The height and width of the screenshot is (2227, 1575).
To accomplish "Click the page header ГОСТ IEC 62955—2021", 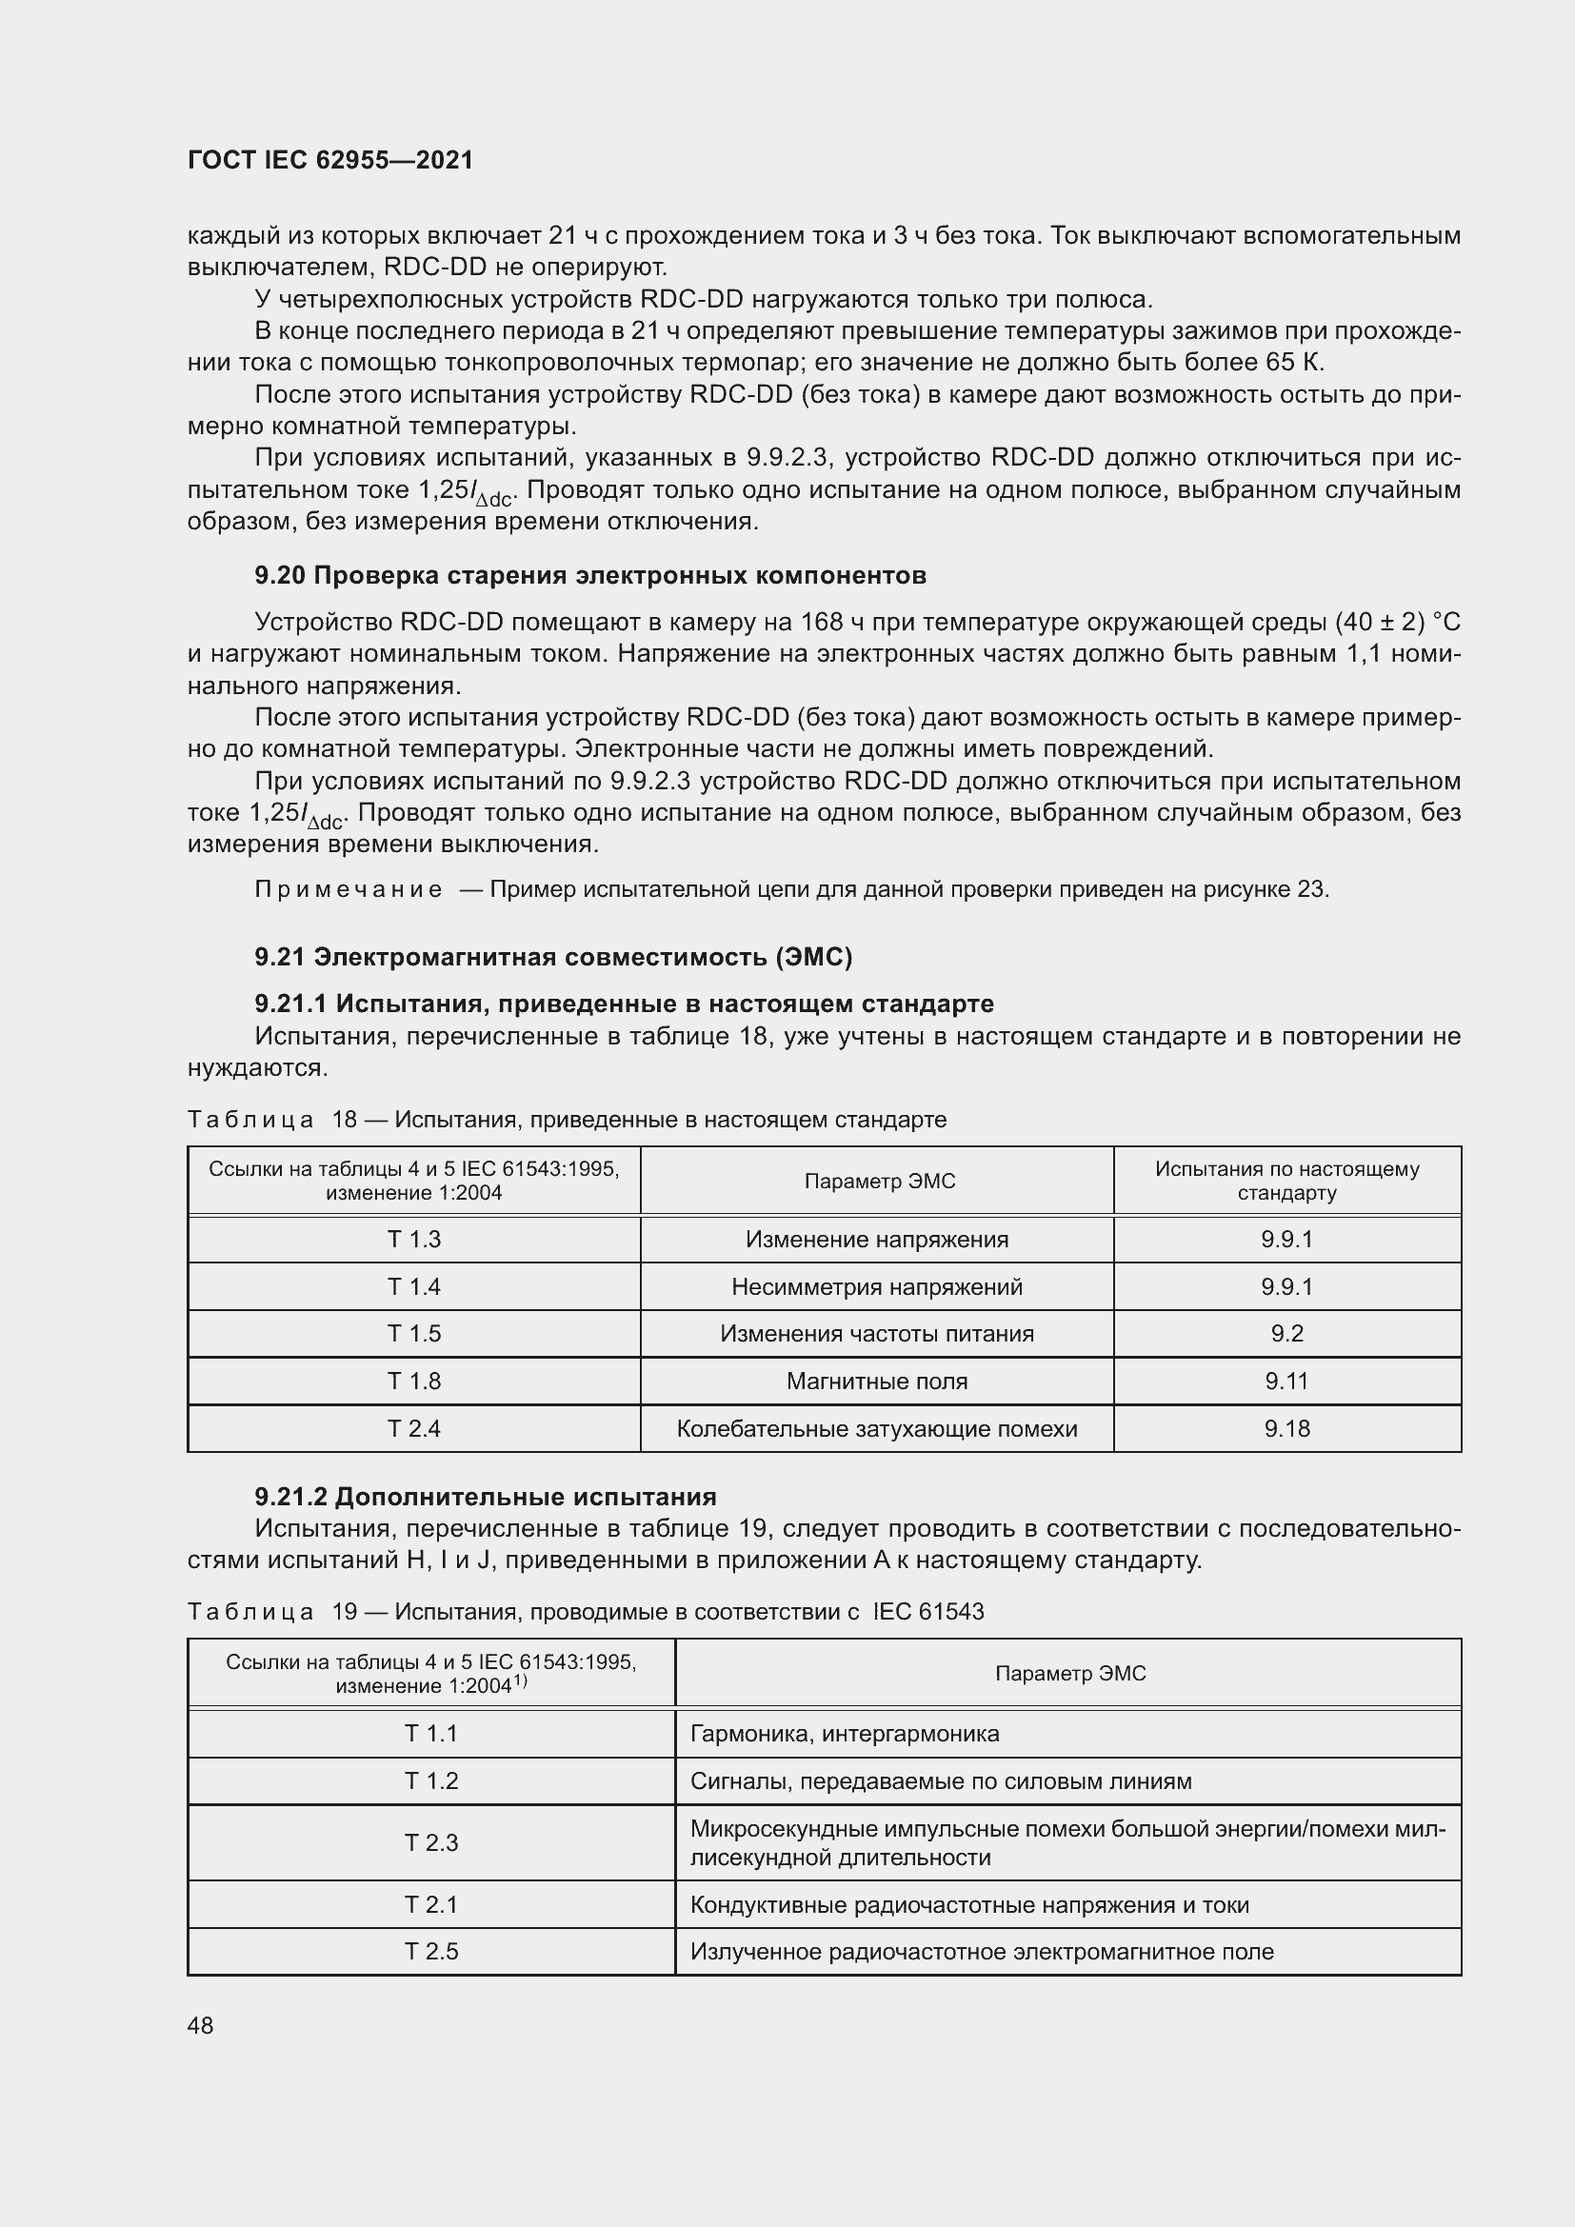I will click(x=329, y=160).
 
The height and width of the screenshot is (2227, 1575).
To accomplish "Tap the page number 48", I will click(x=200, y=2025).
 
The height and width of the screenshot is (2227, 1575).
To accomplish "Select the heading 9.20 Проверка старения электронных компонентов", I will click(x=589, y=575).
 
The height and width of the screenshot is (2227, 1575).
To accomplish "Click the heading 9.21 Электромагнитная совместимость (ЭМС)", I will click(x=553, y=957).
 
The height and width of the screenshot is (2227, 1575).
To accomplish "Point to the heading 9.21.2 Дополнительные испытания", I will click(x=485, y=1497).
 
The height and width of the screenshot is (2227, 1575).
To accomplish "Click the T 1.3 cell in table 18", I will click(x=414, y=1240).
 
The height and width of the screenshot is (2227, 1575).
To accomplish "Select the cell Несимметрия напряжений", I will click(x=877, y=1287).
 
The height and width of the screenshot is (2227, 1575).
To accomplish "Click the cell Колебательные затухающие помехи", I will click(x=877, y=1429).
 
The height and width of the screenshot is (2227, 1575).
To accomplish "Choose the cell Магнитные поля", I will click(x=877, y=1382).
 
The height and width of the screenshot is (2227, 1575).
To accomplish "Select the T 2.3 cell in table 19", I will click(x=430, y=1843).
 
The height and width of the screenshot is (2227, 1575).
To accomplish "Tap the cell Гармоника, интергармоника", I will click(x=844, y=1733).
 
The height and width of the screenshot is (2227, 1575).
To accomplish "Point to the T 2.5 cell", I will click(x=430, y=1952).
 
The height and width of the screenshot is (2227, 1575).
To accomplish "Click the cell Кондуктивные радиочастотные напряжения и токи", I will click(x=968, y=1905).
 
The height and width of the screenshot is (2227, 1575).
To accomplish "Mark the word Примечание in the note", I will click(x=349, y=889).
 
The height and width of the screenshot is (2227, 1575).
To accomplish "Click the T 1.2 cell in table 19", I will click(x=430, y=1780).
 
